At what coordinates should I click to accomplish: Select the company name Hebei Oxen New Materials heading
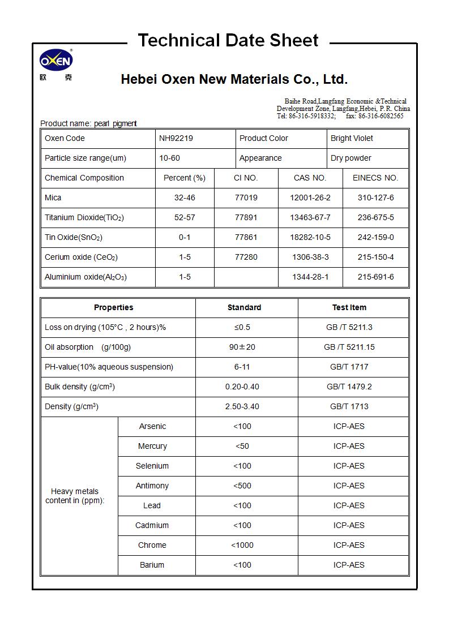coord(234,79)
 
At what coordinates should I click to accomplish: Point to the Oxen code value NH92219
coord(176,138)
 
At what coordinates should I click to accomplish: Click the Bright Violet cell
coord(352,138)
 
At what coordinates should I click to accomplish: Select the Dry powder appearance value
coord(351,158)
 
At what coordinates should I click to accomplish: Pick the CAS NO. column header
coord(310,178)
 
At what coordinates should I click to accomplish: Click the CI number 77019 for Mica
coord(246,198)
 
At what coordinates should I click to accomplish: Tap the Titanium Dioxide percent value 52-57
coord(185,217)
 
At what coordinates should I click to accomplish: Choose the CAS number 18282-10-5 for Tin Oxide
coord(310,237)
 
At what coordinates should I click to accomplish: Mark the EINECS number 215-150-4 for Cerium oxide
coord(375,257)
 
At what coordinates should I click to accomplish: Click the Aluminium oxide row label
coord(85,277)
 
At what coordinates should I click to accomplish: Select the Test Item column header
coord(349,307)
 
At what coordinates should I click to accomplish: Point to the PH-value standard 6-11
coord(242,367)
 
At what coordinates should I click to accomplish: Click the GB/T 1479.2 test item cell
coord(349,387)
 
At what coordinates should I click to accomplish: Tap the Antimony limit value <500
coord(242,486)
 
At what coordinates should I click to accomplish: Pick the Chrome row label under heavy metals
coord(152,545)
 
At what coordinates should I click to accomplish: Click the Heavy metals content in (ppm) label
coord(75,496)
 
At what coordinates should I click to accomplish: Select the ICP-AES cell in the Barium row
coord(349,565)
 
